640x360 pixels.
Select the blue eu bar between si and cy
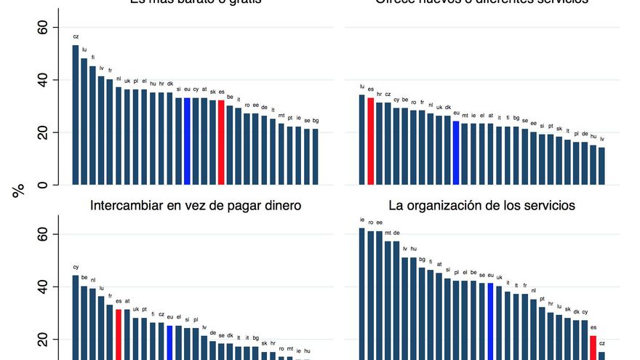click(x=187, y=141)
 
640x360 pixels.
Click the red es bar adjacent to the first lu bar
click(x=370, y=141)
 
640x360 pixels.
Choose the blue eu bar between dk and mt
click(x=456, y=153)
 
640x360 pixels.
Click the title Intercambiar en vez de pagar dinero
click(x=196, y=206)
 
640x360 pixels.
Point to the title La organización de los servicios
click(x=483, y=206)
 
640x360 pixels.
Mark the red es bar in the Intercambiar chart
click(x=119, y=335)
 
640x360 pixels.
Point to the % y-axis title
click(x=18, y=191)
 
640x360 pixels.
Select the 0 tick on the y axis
click(x=43, y=185)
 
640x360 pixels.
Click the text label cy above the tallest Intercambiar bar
click(x=76, y=267)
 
